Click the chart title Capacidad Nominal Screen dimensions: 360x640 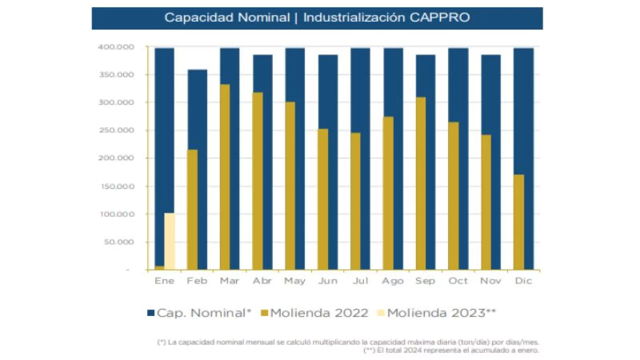coord(227,18)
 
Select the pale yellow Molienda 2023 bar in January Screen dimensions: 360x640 coord(170,241)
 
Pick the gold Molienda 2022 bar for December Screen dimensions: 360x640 coord(518,222)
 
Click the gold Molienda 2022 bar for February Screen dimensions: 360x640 coord(192,210)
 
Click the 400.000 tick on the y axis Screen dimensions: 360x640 coord(116,47)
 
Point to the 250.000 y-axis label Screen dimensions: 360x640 coord(116,130)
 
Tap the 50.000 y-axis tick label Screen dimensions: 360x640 coord(119,242)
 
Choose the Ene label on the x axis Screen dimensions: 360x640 coord(164,281)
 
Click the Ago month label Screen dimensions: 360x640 coord(392,281)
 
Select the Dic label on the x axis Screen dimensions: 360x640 coord(523,281)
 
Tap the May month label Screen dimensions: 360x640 coord(295,281)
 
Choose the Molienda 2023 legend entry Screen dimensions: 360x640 coord(436,313)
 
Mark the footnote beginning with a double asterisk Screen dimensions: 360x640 coord(451,350)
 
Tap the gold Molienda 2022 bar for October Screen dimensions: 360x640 coord(453,196)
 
